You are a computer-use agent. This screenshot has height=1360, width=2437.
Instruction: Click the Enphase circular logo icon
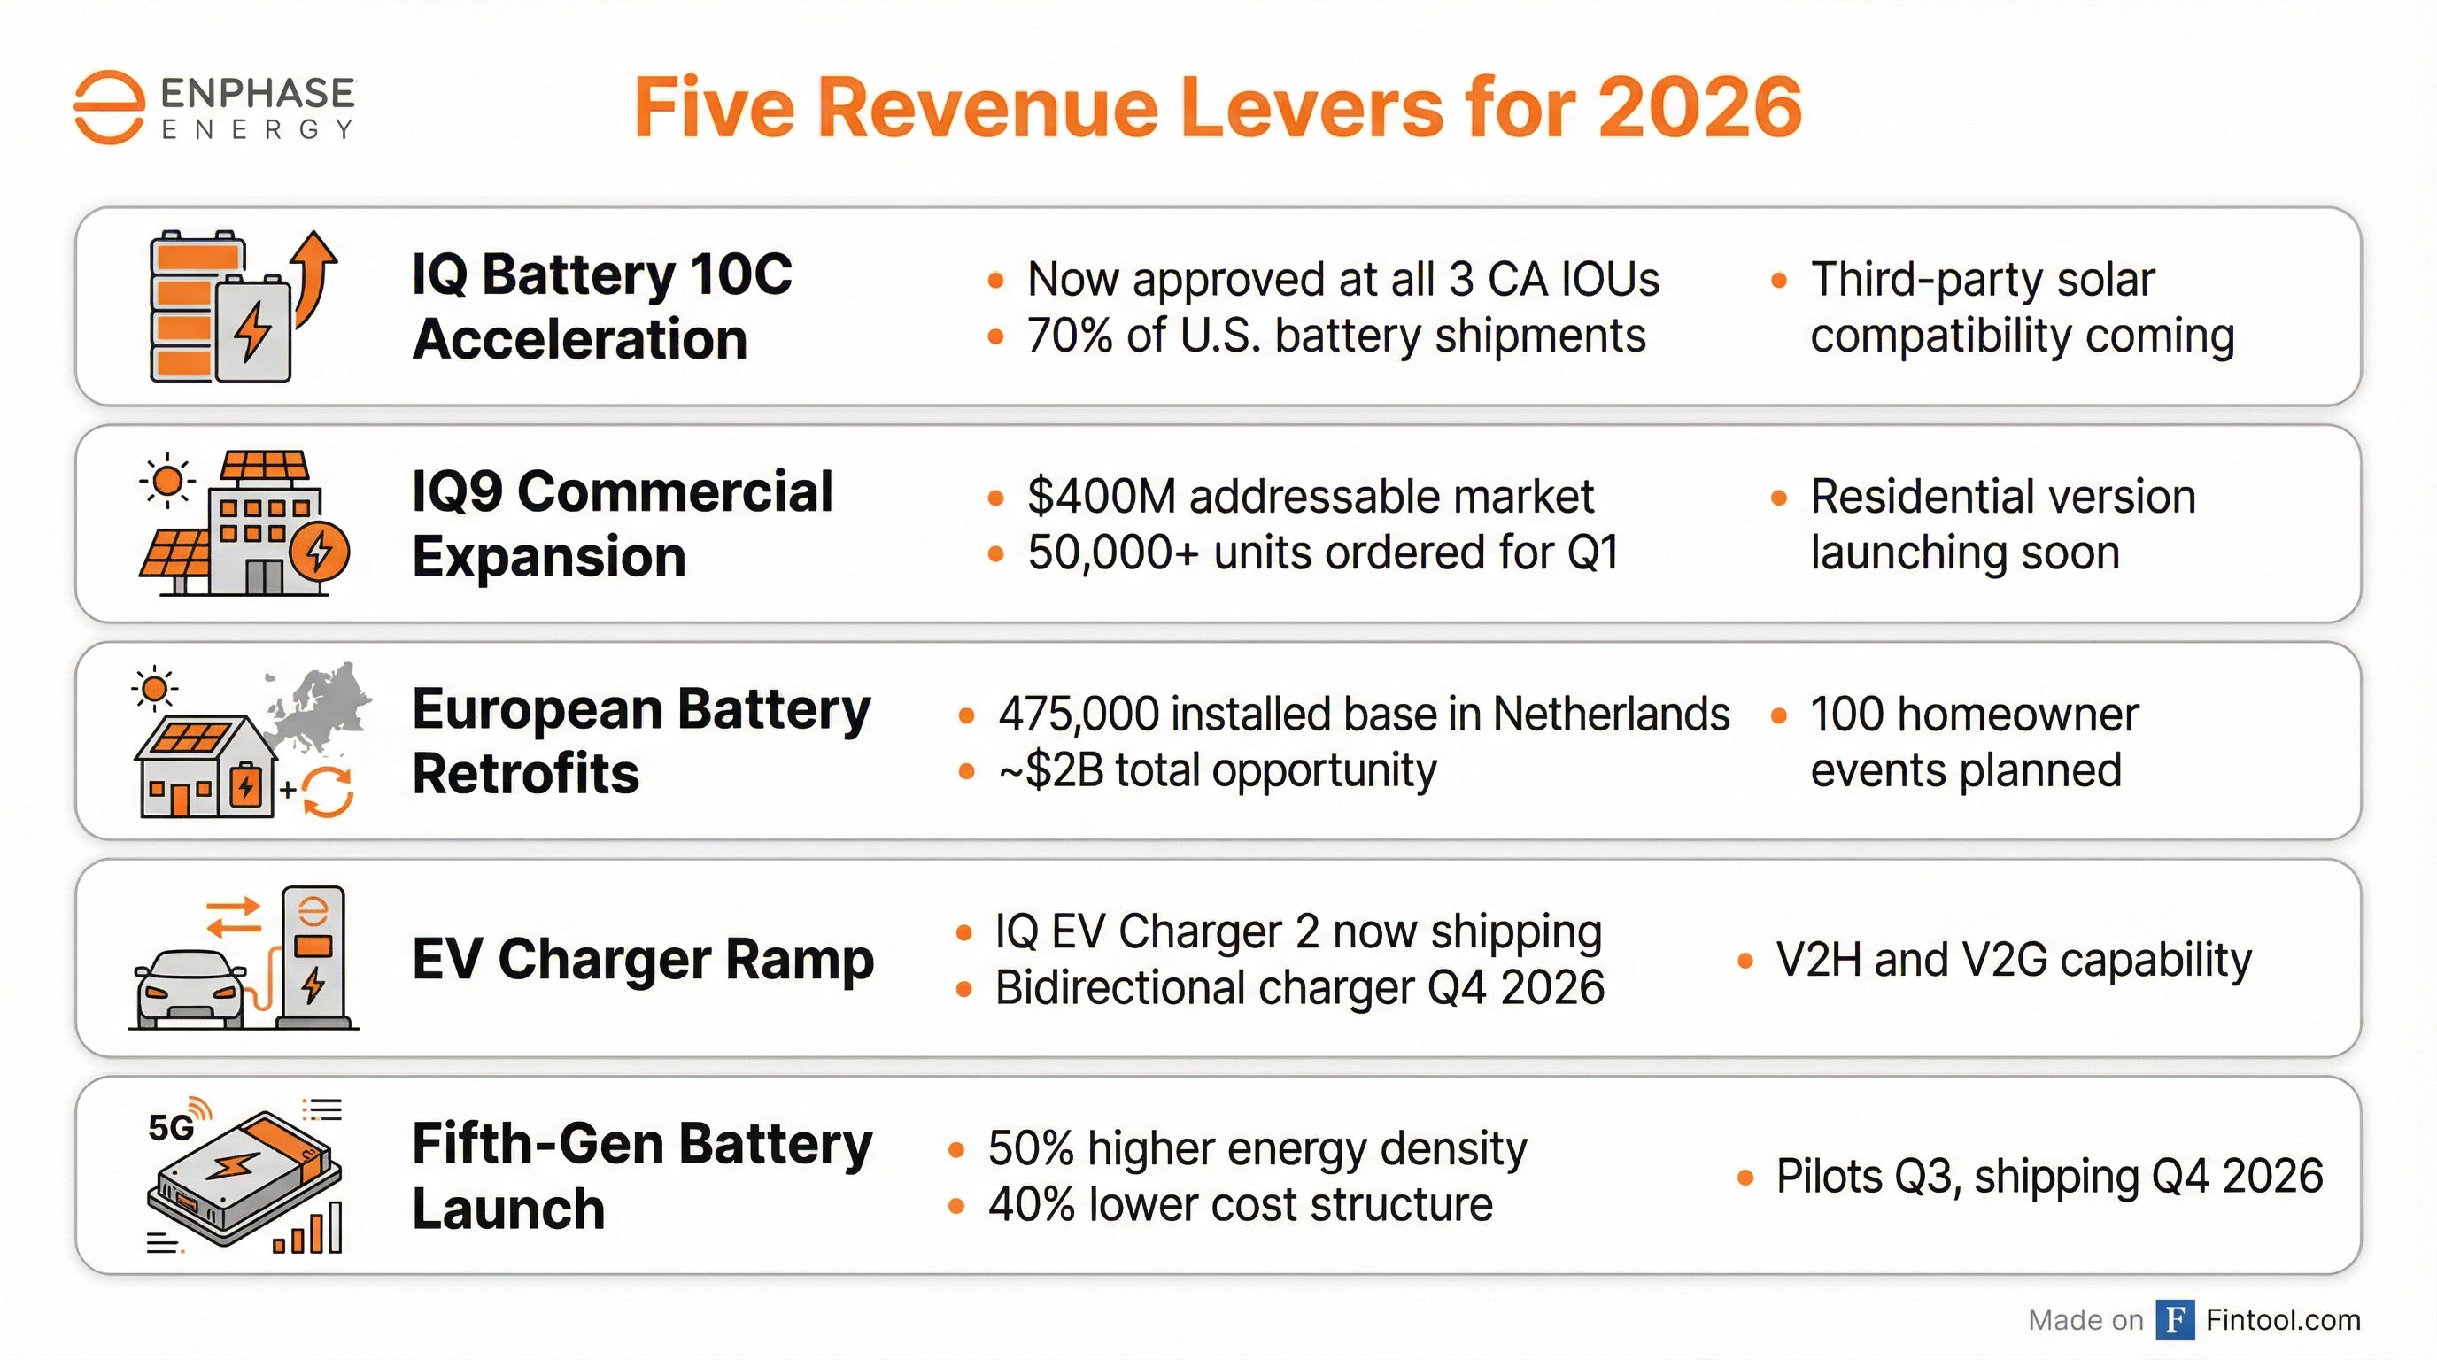[110, 107]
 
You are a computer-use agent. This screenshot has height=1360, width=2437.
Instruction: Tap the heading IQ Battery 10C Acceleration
[601, 306]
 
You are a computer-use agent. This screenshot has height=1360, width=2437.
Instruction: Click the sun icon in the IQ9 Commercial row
[167, 482]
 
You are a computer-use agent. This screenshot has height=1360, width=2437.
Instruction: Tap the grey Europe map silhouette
[321, 707]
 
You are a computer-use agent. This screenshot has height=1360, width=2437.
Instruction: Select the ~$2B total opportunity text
[1217, 769]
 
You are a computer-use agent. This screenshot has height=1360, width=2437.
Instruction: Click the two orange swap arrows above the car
[234, 916]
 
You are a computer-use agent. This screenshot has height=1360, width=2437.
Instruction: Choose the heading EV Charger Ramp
[642, 959]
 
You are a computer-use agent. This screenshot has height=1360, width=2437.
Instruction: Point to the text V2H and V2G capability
[2013, 959]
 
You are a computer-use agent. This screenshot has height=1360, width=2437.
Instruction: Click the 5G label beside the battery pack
[171, 1126]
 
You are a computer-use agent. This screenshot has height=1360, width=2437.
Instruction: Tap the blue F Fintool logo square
[2175, 1319]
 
